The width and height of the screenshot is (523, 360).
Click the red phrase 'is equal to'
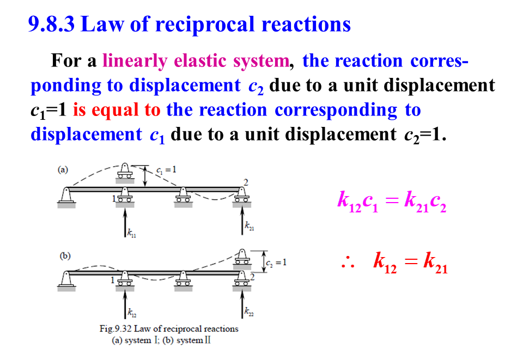coord(117,110)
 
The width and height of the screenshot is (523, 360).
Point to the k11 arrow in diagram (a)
coord(125,223)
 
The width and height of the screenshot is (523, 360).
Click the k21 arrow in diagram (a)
coord(241,223)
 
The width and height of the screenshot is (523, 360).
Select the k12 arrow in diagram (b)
coord(125,305)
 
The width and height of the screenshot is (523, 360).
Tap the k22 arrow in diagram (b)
coord(241,305)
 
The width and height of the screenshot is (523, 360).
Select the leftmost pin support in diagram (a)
coord(65,196)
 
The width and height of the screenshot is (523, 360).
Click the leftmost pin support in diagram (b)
coord(65,279)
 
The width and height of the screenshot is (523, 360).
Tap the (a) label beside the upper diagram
coord(63,169)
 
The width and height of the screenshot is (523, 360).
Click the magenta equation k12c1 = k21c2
coord(392,202)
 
